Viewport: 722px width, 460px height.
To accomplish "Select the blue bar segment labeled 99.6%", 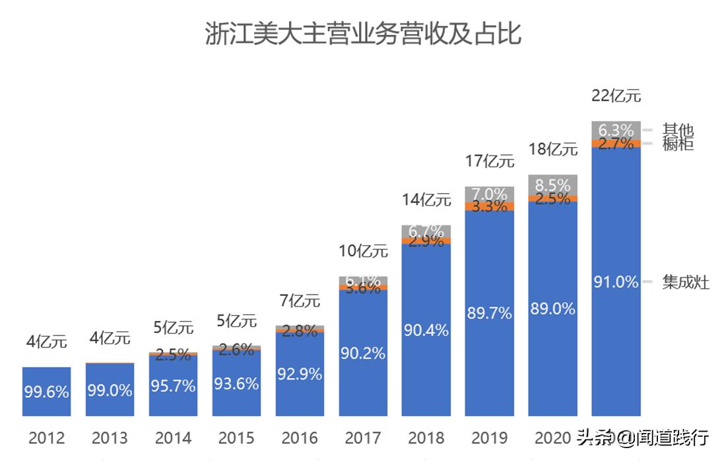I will [x=46, y=391].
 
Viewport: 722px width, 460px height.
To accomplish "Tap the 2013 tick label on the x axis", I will [x=110, y=438].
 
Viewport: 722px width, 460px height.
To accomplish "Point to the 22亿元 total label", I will [x=616, y=96].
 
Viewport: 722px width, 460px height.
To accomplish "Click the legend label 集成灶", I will [x=686, y=283].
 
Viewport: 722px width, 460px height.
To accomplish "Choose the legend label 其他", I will [x=678, y=130].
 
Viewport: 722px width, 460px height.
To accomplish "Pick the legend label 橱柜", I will [x=678, y=144].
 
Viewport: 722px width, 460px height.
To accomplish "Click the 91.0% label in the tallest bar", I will [x=616, y=283].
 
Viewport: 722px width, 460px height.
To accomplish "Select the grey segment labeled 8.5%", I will [x=553, y=185].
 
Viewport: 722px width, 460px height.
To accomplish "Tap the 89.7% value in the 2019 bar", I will [x=489, y=313].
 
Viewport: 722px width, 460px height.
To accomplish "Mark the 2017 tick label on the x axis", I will [x=362, y=438].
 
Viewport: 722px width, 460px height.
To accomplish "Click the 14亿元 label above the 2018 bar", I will [x=426, y=200].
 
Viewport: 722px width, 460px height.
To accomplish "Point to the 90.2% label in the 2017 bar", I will [x=363, y=353].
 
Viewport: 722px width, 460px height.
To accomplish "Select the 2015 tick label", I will [x=236, y=438].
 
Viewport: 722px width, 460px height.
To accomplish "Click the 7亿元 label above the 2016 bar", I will [x=300, y=301].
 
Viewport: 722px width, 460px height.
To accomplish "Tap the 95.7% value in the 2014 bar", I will [x=173, y=386].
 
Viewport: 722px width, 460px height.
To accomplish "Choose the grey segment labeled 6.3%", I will [x=616, y=130].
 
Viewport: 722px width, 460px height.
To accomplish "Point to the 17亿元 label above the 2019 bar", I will [x=489, y=160].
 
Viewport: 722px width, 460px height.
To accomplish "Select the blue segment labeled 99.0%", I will [x=110, y=390].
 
